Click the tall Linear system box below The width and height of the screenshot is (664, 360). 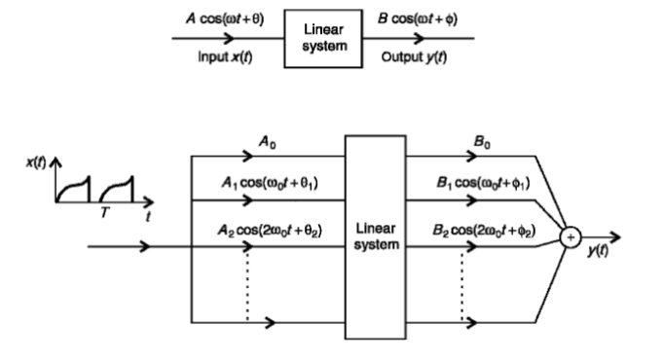pos(375,236)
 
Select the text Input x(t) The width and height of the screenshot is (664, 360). pos(224,57)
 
